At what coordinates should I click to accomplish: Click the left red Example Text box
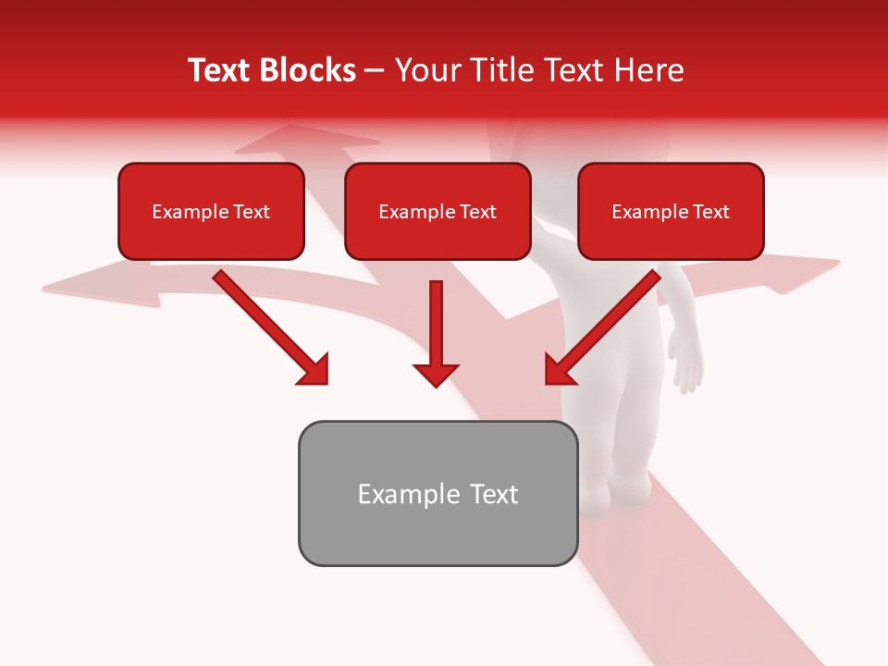tap(211, 211)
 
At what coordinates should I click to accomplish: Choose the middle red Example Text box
tap(438, 211)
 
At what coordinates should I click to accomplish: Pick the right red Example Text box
tap(671, 211)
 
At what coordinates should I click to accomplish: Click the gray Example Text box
tap(438, 493)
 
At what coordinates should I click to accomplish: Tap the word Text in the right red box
tap(711, 212)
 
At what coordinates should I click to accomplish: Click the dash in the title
tap(375, 71)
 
